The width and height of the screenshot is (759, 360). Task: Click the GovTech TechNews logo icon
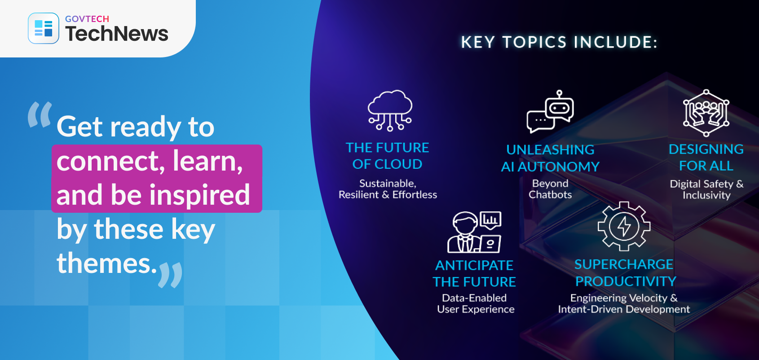(x=44, y=28)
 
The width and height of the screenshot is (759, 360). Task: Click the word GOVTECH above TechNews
(x=87, y=19)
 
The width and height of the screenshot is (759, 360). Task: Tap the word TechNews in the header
(x=117, y=34)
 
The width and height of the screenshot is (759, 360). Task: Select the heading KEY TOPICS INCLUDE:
(x=559, y=42)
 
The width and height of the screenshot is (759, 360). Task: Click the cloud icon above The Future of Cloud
(x=390, y=110)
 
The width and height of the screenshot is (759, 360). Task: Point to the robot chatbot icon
(x=550, y=111)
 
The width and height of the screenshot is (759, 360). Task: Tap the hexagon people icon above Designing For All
(x=706, y=113)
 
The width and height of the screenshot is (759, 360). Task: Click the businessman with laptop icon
(x=474, y=232)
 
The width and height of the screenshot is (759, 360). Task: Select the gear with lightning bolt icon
(x=624, y=226)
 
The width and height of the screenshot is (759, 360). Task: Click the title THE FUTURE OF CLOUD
(x=387, y=156)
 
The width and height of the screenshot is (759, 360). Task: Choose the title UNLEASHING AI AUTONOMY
(x=550, y=158)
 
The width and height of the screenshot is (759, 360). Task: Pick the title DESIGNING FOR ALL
(x=706, y=158)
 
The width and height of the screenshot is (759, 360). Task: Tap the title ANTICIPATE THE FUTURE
(x=474, y=274)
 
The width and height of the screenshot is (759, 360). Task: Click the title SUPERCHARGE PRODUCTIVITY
(x=625, y=273)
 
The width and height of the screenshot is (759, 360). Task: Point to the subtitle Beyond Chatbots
(x=550, y=189)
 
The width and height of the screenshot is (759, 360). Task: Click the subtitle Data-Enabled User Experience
(x=476, y=303)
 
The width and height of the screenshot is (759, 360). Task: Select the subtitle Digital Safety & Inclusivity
(x=706, y=189)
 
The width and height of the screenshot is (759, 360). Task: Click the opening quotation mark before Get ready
(x=40, y=114)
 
